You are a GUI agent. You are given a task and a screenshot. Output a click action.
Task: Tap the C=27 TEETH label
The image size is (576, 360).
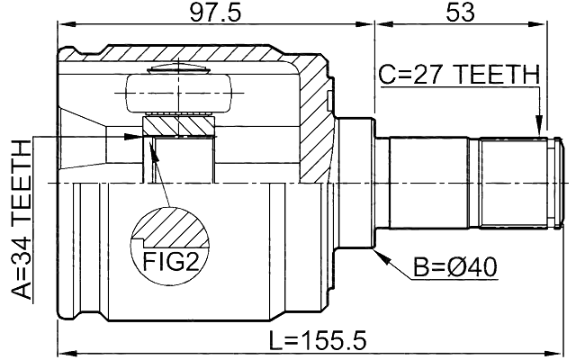coord(457,75)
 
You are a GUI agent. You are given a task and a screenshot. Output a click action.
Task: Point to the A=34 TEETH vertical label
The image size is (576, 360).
coord(20,220)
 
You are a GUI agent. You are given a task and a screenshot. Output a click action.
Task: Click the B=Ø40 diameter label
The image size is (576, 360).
coord(455,267)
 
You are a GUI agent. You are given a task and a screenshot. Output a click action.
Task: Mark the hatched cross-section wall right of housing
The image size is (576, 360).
coord(315,126)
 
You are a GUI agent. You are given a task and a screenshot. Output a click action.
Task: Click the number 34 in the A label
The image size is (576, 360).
coord(20,243)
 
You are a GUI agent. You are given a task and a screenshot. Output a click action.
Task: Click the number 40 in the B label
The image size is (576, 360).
coord(481,267)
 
